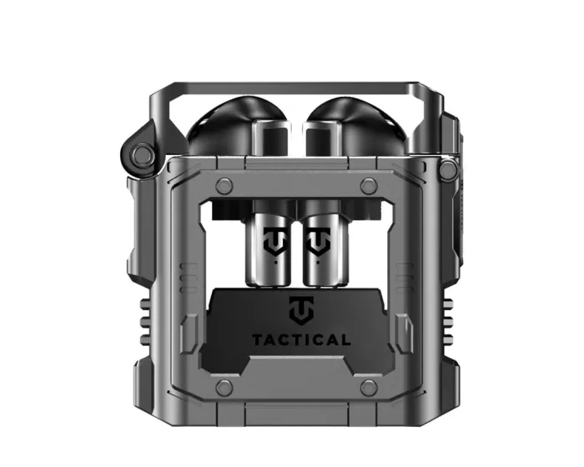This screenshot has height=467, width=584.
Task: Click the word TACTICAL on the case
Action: (x=301, y=339)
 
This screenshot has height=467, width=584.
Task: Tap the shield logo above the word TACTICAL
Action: (x=302, y=310)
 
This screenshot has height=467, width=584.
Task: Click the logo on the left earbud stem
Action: (x=276, y=242)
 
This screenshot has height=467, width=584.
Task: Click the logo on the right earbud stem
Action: (x=318, y=242)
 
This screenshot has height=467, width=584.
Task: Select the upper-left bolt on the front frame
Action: (x=224, y=184)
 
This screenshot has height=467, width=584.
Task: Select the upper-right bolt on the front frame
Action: (x=369, y=184)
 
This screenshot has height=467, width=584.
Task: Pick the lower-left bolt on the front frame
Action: (x=224, y=387)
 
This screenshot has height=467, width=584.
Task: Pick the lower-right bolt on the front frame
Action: (x=369, y=387)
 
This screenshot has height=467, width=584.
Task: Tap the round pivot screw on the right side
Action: (x=448, y=169)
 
